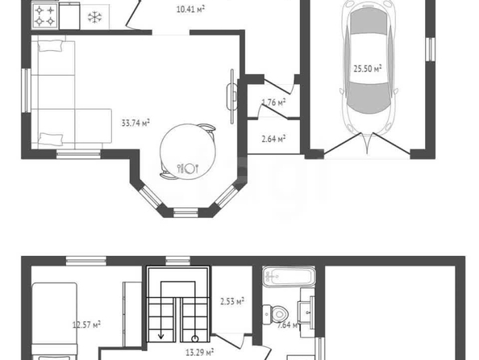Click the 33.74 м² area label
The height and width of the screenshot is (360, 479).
click(x=135, y=123)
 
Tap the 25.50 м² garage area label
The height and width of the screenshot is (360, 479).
click(x=368, y=69)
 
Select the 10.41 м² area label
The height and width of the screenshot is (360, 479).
click(x=190, y=9)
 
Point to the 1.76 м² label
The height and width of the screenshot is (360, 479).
click(x=273, y=103)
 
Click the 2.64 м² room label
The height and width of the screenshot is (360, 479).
click(x=273, y=139)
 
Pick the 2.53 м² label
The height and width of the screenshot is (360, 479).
click(x=232, y=302)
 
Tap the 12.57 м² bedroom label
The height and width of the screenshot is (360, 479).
click(x=86, y=324)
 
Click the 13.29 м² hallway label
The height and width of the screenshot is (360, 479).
click(x=199, y=353)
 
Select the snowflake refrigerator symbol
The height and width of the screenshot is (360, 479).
click(x=94, y=17)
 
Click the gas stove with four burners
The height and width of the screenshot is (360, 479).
click(x=45, y=16)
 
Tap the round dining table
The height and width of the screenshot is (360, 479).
click(x=188, y=151)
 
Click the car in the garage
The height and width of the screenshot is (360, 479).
click(x=369, y=72)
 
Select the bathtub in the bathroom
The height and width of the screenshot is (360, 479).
click(x=289, y=277)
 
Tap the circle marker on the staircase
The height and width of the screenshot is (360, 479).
click(x=194, y=338)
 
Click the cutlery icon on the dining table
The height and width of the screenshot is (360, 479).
click(x=188, y=168)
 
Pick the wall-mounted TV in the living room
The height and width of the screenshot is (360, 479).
click(x=232, y=96)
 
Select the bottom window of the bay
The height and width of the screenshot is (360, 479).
click(x=185, y=211)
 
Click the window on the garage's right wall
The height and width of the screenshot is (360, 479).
click(x=431, y=48)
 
